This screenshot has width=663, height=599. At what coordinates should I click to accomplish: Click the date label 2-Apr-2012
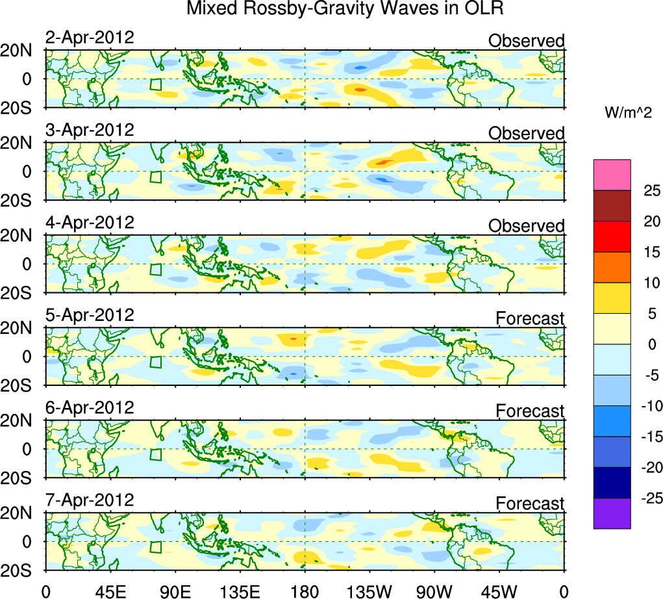coord(90,38)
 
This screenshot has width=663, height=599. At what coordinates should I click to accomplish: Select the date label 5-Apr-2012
coord(90,315)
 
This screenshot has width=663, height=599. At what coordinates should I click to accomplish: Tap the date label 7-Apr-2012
coord(90,500)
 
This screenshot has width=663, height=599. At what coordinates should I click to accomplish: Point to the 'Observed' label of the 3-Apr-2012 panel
coord(526,133)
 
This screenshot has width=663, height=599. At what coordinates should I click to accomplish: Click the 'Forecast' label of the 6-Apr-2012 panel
coord(530,411)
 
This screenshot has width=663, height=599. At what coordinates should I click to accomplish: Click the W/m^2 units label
coord(629,113)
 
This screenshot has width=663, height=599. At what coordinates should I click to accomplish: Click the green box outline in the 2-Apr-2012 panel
coord(155,84)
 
